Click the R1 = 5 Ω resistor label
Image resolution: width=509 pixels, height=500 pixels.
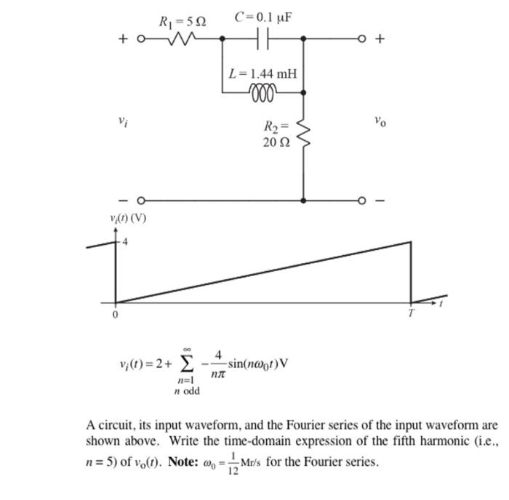pyautogui.click(x=182, y=22)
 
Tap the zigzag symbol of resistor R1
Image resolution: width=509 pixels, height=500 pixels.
pyautogui.click(x=183, y=39)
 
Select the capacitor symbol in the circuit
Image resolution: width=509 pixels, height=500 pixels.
pyautogui.click(x=264, y=39)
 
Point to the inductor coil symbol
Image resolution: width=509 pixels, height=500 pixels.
pyautogui.click(x=263, y=92)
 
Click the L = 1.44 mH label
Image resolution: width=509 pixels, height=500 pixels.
pyautogui.click(x=262, y=73)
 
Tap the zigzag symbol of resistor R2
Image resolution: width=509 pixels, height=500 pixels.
pyautogui.click(x=303, y=135)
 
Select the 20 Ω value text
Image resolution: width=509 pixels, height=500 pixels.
pyautogui.click(x=276, y=143)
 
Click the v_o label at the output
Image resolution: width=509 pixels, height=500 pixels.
pyautogui.click(x=380, y=121)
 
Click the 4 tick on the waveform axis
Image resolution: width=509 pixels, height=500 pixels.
pyautogui.click(x=124, y=243)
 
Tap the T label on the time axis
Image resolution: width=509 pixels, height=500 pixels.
pyautogui.click(x=411, y=313)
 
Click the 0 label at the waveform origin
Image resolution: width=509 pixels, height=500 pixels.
pyautogui.click(x=114, y=315)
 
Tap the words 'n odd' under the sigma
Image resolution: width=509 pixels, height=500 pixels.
pyautogui.click(x=187, y=392)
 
